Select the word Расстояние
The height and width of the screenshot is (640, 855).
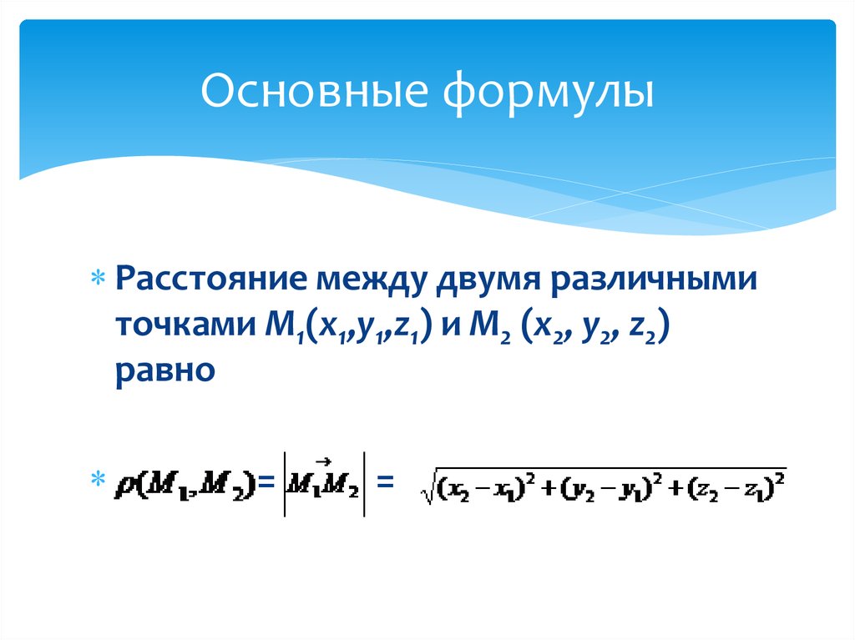pyautogui.click(x=207, y=279)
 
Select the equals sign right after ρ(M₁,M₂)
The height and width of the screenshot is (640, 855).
pyautogui.click(x=266, y=481)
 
